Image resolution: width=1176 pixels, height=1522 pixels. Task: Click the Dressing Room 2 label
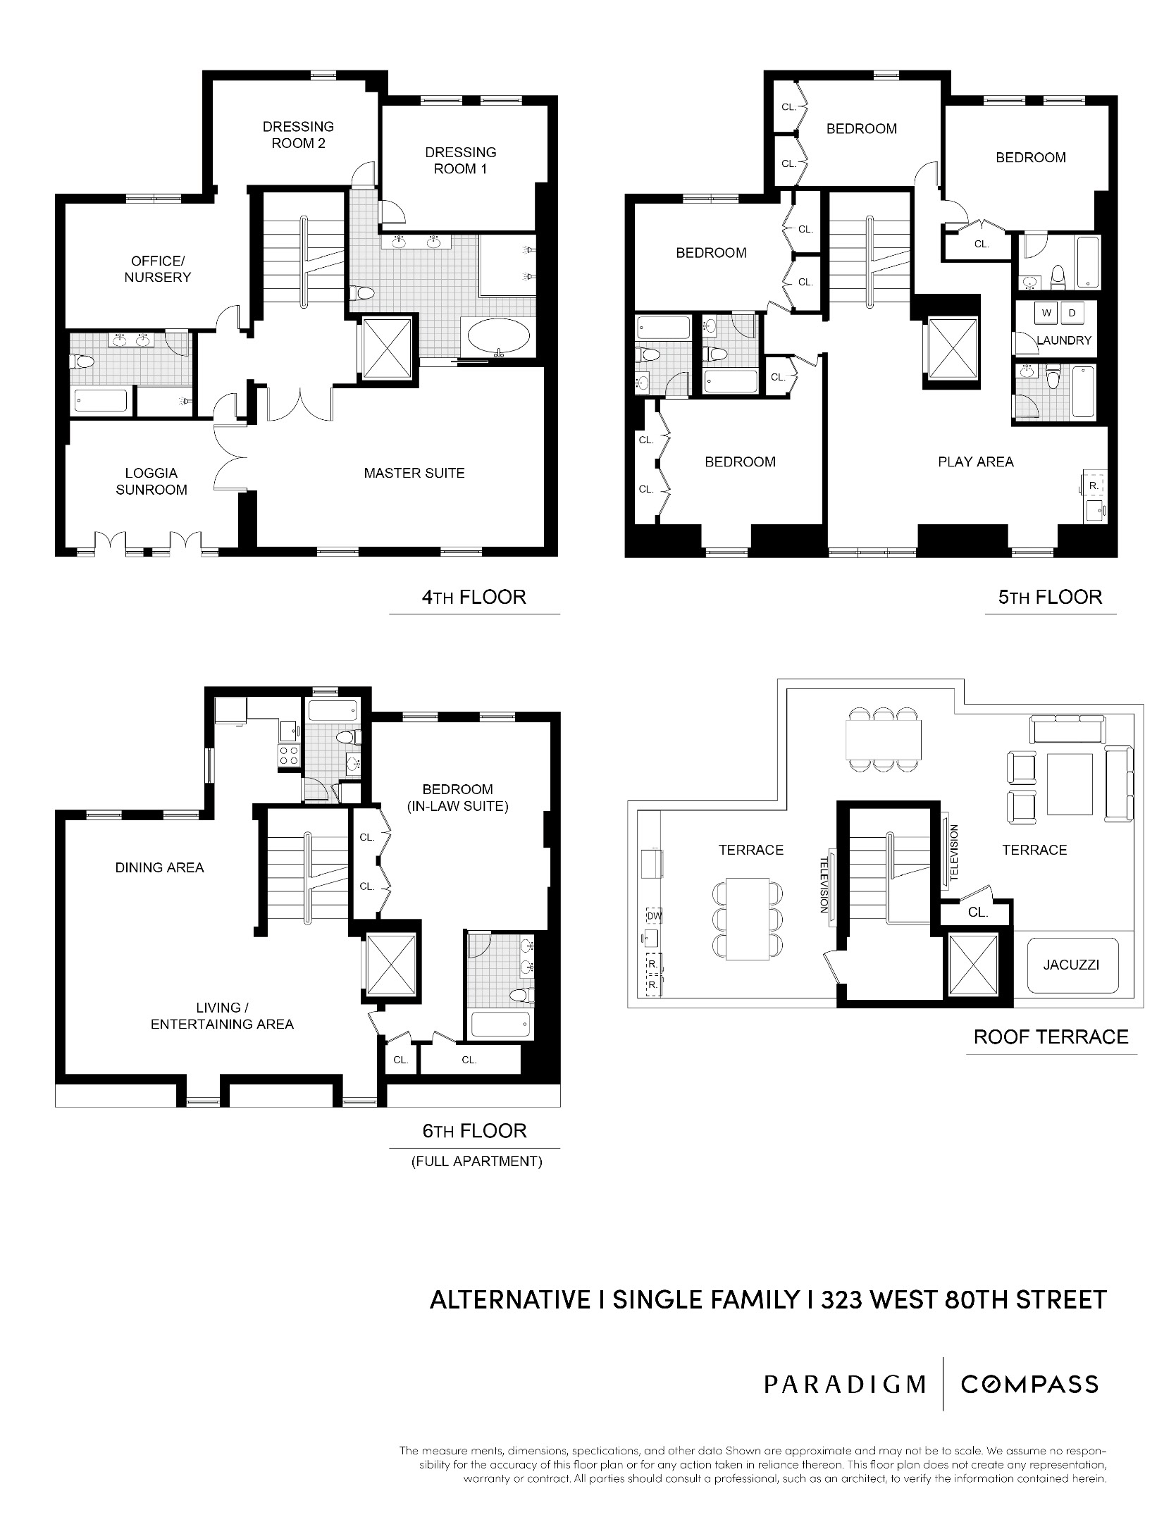298,135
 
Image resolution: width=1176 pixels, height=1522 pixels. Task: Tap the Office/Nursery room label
157,269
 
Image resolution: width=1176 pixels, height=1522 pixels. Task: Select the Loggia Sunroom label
151,481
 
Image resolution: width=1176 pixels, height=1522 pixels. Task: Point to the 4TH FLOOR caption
474,598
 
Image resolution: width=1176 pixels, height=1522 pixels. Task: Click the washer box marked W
1046,313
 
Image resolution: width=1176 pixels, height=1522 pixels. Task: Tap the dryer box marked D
1072,313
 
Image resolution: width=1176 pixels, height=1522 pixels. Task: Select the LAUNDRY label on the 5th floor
1064,340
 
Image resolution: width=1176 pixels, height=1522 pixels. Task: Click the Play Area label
975,462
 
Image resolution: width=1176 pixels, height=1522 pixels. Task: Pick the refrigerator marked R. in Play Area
1094,486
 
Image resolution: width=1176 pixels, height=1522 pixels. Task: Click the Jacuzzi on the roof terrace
1071,965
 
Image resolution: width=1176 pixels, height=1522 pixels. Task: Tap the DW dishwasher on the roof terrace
653,916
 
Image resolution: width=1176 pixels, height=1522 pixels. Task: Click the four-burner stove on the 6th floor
289,756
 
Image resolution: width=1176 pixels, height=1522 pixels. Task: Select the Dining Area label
159,868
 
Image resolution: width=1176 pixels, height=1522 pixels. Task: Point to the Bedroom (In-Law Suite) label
457,798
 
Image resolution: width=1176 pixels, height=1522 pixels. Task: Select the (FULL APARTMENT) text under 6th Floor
476,1162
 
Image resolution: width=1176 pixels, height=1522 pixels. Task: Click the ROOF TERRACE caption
1051,1037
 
